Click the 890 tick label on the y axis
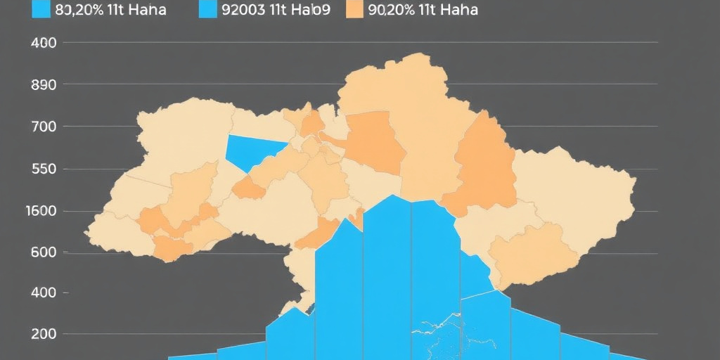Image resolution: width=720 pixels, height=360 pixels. coord(44,84)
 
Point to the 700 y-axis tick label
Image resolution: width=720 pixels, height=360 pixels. coord(44,127)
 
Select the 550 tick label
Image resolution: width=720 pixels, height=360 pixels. coord(44,169)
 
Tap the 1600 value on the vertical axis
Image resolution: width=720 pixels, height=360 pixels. coord(41,211)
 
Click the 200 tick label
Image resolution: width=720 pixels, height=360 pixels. coord(44,334)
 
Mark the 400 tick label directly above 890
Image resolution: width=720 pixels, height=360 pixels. coord(44,42)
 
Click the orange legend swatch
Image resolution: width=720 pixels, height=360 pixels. coord(356,9)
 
